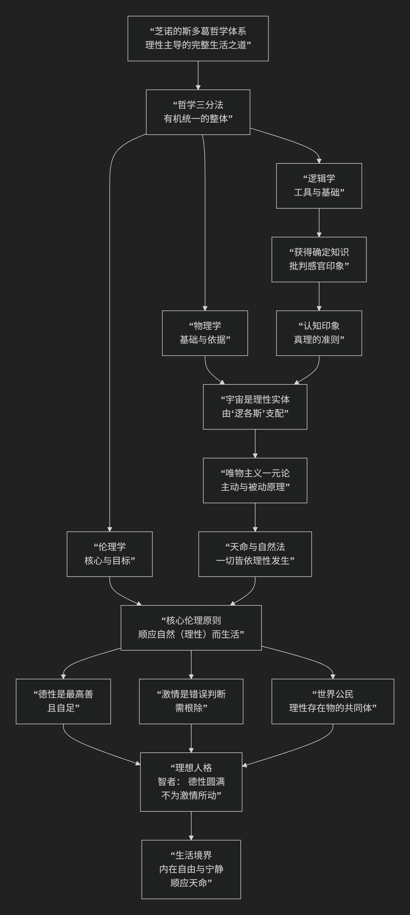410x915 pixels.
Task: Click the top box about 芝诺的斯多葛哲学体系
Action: pos(198,38)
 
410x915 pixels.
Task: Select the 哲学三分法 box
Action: pos(198,112)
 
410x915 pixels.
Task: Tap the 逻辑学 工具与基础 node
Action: pos(319,185)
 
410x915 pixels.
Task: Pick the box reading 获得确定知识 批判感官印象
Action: pos(319,259)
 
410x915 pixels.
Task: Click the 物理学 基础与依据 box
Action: pos(205,333)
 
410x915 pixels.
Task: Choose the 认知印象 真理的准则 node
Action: pos(319,333)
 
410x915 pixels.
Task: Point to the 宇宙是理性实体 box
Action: pos(255,406)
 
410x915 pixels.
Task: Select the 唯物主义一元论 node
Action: pos(255,480)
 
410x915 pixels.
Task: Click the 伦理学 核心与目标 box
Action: pos(109,554)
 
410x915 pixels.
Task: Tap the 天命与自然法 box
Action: pos(255,554)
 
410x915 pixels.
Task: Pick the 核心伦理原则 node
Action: pos(191,628)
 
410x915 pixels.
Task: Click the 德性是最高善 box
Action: pos(63,701)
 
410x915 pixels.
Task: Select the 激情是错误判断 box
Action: pos(191,701)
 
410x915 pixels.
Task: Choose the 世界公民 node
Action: pos(333,701)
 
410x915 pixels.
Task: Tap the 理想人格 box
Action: pos(191,782)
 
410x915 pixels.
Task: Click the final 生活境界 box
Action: pos(191,869)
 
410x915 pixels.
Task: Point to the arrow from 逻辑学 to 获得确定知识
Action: pos(319,222)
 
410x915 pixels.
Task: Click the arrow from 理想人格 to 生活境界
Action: pos(191,826)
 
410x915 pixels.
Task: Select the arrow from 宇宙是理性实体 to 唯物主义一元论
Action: pos(255,443)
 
